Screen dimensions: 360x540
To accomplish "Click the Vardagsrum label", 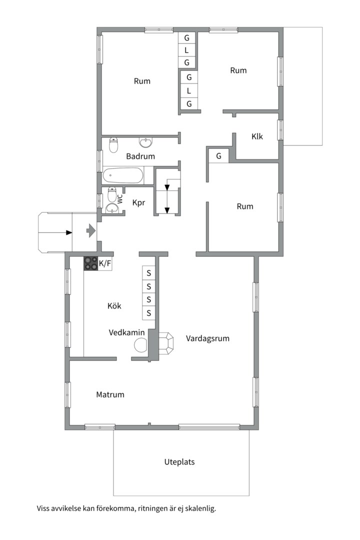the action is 207,338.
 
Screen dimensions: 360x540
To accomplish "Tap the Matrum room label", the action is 110,394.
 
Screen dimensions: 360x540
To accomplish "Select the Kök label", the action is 114,306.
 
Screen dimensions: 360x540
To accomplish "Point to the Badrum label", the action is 140,156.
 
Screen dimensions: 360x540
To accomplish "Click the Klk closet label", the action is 257,136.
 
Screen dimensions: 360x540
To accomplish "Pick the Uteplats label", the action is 179,462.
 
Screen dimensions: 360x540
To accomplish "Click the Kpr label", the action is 138,202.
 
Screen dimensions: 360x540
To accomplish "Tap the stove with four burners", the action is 91,263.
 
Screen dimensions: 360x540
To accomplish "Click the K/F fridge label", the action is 105,264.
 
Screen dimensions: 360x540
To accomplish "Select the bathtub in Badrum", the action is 123,175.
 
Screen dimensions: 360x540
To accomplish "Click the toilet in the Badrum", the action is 113,144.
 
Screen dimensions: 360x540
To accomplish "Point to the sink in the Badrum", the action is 146,141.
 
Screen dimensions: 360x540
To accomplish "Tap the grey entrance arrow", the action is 90,230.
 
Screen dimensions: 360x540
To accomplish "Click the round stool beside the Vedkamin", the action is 140,345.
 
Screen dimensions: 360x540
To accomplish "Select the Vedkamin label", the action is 127,332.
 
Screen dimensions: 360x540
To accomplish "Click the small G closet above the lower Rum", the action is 219,156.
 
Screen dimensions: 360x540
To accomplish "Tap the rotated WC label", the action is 120,198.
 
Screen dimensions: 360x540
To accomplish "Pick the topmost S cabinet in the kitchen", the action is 149,273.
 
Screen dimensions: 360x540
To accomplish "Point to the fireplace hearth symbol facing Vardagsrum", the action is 165,343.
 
